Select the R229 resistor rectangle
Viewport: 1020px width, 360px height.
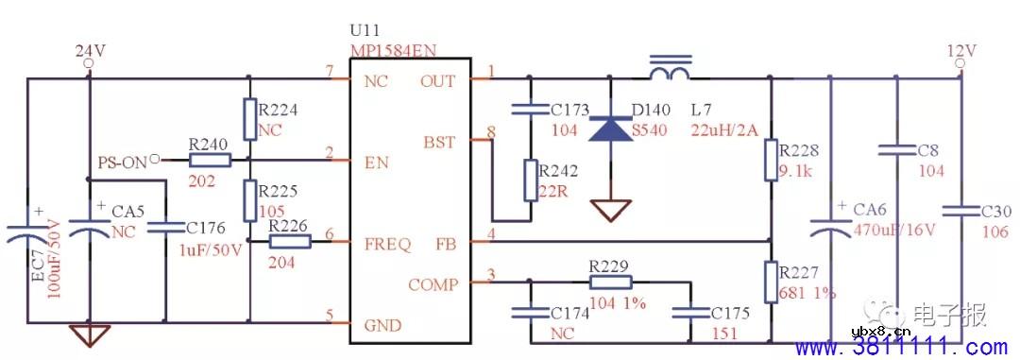point(609,282)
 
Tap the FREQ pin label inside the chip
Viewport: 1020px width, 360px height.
point(387,245)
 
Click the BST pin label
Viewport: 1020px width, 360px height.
point(439,143)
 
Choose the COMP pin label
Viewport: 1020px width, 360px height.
point(433,284)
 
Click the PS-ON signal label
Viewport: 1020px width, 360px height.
point(123,163)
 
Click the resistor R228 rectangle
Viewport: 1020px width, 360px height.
point(772,160)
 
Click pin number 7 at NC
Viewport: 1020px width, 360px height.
point(329,72)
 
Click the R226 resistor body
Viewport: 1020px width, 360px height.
point(289,242)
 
